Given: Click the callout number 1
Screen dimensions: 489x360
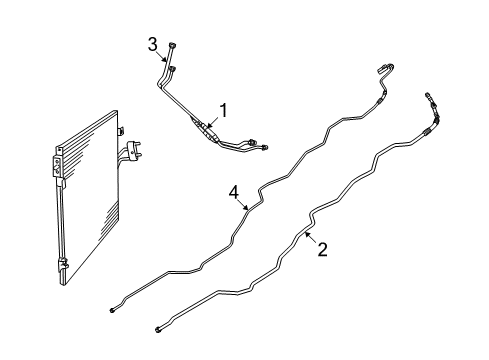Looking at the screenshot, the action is (x=224, y=110).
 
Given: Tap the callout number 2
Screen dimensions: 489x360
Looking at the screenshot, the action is (x=322, y=250).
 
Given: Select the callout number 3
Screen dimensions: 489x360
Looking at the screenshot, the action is (x=153, y=45).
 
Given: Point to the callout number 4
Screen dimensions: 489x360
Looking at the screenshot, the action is (x=234, y=193).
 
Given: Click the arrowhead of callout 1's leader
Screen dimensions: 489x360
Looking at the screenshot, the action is (x=208, y=126).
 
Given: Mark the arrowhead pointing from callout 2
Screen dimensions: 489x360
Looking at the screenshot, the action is (x=307, y=234).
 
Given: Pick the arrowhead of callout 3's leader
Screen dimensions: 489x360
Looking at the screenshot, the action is (x=165, y=60).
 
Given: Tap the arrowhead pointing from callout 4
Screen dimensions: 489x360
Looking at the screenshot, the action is (x=247, y=208).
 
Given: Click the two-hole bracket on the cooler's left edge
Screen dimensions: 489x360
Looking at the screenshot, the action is (x=57, y=166).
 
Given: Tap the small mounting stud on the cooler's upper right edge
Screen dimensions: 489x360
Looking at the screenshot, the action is (x=121, y=130).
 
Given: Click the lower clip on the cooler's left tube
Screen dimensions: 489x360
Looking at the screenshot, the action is (x=64, y=264).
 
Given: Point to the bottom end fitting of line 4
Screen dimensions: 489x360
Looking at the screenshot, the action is (x=111, y=310).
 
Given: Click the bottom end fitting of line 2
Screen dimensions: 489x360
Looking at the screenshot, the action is (x=157, y=330).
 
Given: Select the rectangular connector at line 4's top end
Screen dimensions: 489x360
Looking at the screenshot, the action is (x=381, y=69).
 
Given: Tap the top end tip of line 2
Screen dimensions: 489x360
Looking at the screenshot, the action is (x=427, y=95).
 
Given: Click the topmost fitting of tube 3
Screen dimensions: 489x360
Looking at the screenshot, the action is (x=172, y=45).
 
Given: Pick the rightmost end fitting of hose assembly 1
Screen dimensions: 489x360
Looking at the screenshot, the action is (x=265, y=147).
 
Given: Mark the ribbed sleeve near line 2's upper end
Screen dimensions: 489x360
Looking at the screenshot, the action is (x=428, y=131).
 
